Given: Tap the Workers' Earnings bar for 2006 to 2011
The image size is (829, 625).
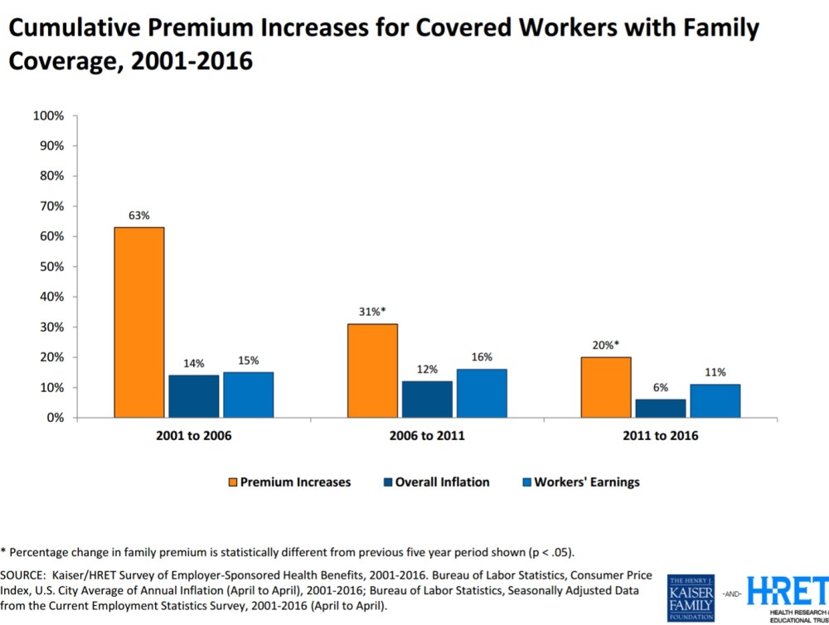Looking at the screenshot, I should click(x=482, y=393).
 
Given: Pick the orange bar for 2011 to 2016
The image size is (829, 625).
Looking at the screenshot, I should click(x=606, y=387).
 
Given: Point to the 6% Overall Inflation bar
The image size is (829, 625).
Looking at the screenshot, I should click(x=661, y=408).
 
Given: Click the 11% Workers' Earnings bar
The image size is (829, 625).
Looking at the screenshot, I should click(x=715, y=400).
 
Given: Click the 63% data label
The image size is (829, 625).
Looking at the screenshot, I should click(x=138, y=216).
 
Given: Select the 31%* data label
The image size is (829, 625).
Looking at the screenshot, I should click(x=372, y=312).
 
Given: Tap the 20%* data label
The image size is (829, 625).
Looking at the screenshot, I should click(x=606, y=346).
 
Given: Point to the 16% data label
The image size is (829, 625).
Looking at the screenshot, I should click(x=482, y=357).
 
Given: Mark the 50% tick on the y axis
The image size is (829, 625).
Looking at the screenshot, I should click(x=50, y=267).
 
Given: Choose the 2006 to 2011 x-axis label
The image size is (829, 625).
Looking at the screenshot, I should click(x=426, y=435).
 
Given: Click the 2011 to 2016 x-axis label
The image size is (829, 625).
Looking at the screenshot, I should click(x=660, y=435).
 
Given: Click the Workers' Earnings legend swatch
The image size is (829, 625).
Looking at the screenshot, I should click(x=526, y=482).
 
